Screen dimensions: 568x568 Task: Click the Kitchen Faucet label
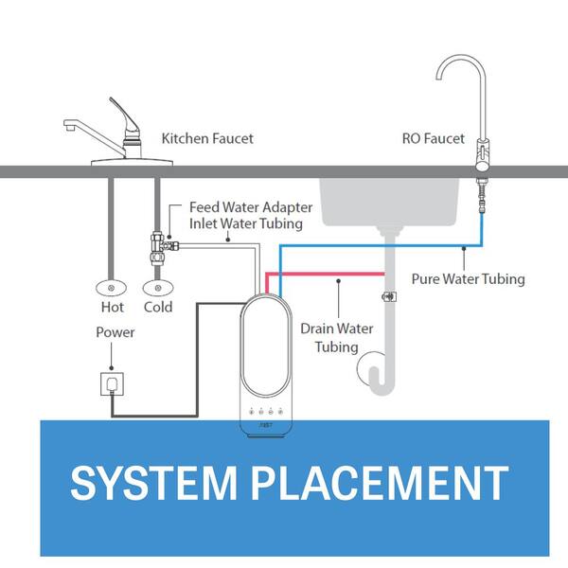tap(207, 139)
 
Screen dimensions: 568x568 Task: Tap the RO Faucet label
tap(433, 139)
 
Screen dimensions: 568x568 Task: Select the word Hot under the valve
tap(112, 308)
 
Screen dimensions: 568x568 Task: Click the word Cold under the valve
tap(158, 308)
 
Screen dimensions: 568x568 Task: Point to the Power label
tap(115, 332)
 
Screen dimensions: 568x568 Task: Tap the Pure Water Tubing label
tap(468, 279)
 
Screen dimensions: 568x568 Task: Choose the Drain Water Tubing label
tap(336, 337)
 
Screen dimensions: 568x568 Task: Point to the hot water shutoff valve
tap(112, 286)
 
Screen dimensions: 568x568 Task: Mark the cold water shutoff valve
tap(158, 286)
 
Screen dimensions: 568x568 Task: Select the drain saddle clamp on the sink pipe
tap(387, 296)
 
